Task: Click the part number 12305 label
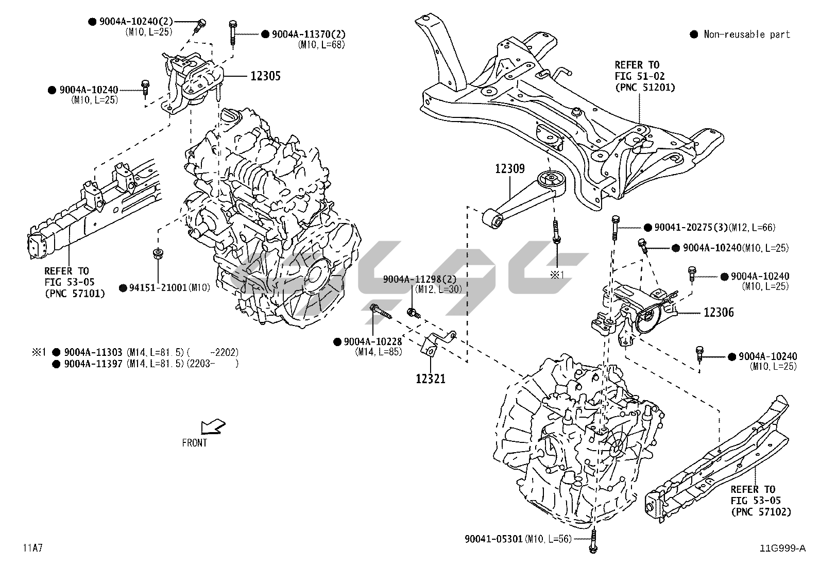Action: [x=265, y=76]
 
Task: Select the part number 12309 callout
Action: [x=510, y=168]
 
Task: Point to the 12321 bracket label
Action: [x=431, y=379]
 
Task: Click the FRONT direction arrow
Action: [x=212, y=427]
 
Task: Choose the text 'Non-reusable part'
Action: [x=746, y=35]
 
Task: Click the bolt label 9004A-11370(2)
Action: [x=309, y=34]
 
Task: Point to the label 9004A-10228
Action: [x=372, y=341]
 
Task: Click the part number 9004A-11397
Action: [x=93, y=364]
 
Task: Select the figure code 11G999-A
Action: [x=782, y=548]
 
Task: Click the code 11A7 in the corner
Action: [x=32, y=547]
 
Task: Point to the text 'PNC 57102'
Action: [x=760, y=511]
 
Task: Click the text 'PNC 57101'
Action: [x=74, y=294]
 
